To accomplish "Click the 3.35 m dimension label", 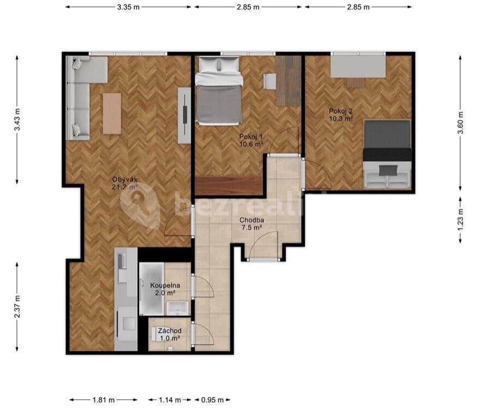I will [x=128, y=7].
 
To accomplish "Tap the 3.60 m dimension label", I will [x=461, y=123].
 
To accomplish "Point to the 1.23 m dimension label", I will [x=461, y=220].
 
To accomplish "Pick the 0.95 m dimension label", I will [x=213, y=400].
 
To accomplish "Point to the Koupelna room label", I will [x=166, y=285].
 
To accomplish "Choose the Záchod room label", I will [x=170, y=331].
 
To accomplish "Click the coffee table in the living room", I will [x=112, y=113].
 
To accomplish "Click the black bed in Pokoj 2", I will [x=387, y=140].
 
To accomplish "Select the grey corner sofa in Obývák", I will [x=82, y=93].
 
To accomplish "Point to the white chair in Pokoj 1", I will [x=269, y=81].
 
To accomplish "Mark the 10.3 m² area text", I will [x=341, y=118].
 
